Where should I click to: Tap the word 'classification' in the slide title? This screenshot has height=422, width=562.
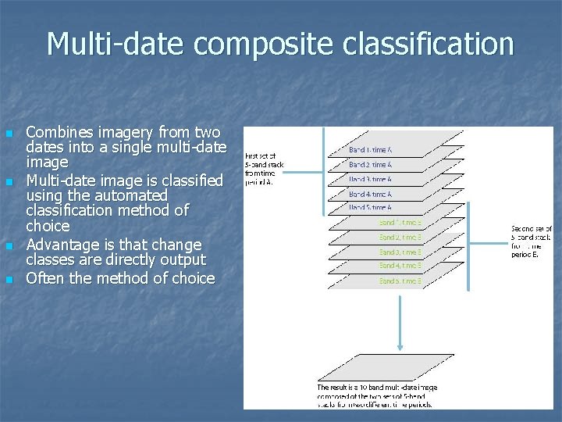click(x=419, y=44)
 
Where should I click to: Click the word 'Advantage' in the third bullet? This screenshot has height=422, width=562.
click(x=64, y=245)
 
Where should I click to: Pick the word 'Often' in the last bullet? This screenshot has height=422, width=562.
click(x=46, y=278)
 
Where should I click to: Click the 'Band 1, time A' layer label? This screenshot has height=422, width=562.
click(x=370, y=149)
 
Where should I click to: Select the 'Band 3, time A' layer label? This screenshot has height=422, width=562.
click(x=370, y=179)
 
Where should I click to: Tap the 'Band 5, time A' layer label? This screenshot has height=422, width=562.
click(x=370, y=208)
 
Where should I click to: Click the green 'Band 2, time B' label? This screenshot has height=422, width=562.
click(x=400, y=237)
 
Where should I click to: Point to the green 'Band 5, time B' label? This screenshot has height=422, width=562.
click(x=400, y=281)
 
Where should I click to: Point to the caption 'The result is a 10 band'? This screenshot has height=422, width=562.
click(x=377, y=395)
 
